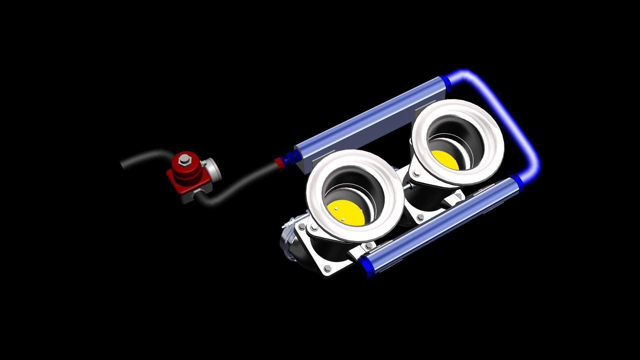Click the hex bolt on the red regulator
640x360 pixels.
(x=184, y=160)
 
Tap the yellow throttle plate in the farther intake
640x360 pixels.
(x=444, y=160)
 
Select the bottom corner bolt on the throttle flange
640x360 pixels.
(x=326, y=267)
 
